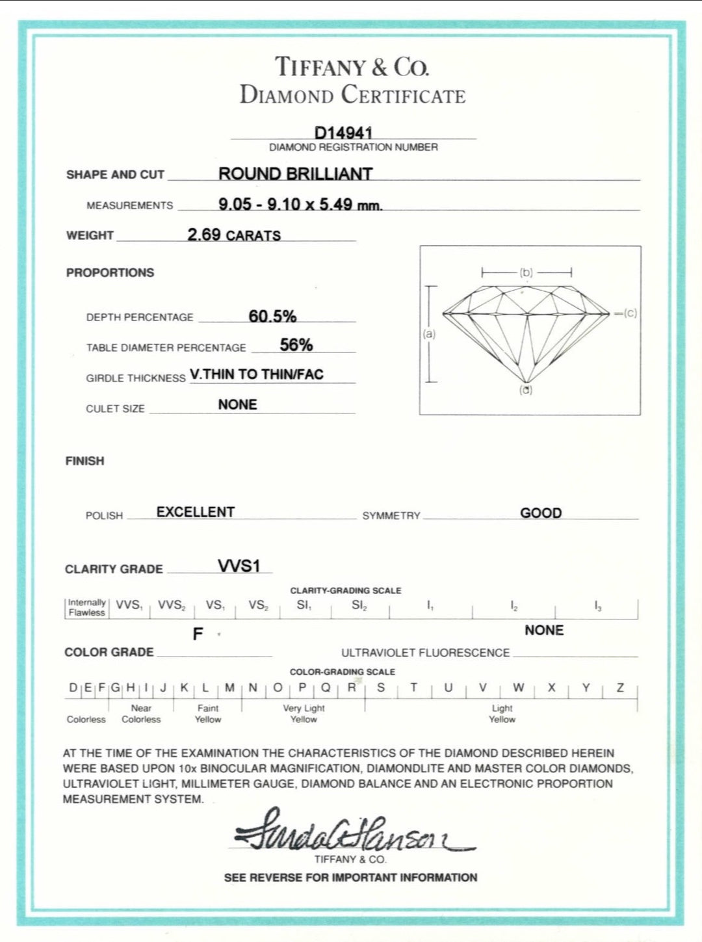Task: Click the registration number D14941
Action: (x=343, y=132)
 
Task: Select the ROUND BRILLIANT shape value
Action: (x=295, y=174)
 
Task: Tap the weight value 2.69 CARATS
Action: (x=234, y=235)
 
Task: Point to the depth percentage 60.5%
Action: (x=272, y=316)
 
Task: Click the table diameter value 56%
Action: (x=296, y=345)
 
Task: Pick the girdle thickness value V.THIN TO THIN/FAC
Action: (x=257, y=374)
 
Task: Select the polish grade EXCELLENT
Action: (x=195, y=512)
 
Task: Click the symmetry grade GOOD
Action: (x=541, y=513)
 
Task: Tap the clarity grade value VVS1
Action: (x=239, y=566)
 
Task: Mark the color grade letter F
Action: (x=198, y=634)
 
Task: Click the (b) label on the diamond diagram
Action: (x=526, y=272)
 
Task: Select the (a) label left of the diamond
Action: (x=429, y=334)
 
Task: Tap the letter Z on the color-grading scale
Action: (x=620, y=687)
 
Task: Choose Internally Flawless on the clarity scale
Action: (x=86, y=607)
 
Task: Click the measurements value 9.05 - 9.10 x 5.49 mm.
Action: (x=300, y=204)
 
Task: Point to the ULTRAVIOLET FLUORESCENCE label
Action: (x=425, y=653)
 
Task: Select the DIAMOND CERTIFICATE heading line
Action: (x=352, y=95)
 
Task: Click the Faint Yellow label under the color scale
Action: (x=208, y=713)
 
